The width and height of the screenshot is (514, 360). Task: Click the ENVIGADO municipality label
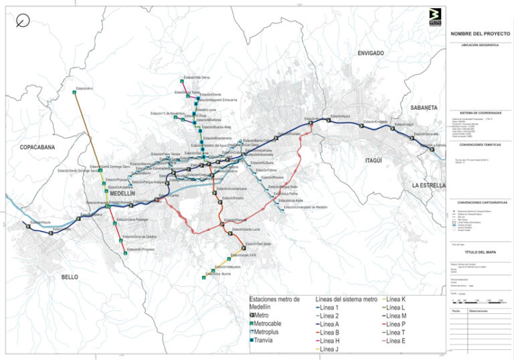coord(370,52)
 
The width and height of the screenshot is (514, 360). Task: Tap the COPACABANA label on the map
coord(36,147)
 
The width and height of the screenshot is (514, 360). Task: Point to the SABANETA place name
coord(424,107)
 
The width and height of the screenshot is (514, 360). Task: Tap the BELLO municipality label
coord(70,276)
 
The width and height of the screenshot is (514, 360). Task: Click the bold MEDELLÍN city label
coord(122,193)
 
